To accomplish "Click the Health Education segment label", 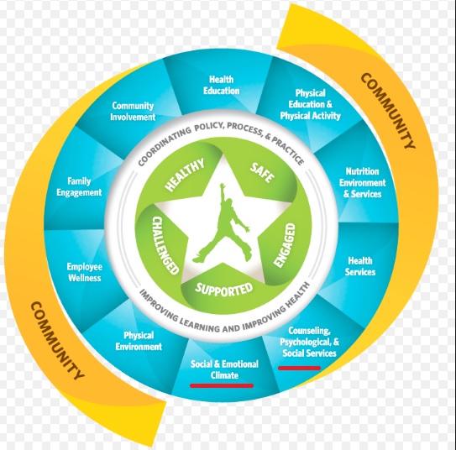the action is pyautogui.click(x=222, y=85).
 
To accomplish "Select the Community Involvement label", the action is pyautogui.click(x=133, y=111).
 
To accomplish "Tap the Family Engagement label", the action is pyautogui.click(x=79, y=186).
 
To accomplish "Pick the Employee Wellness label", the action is pyautogui.click(x=85, y=272).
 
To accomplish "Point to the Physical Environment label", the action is pyautogui.click(x=139, y=341).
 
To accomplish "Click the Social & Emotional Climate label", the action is pyautogui.click(x=224, y=369).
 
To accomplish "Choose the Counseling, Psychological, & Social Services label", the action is pyautogui.click(x=309, y=342).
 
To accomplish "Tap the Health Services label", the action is pyautogui.click(x=360, y=266).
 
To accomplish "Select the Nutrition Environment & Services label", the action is pyautogui.click(x=362, y=182).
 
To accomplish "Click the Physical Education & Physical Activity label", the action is pyautogui.click(x=311, y=104).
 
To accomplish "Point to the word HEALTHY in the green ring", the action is pyautogui.click(x=185, y=175).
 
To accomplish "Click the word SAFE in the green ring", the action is pyautogui.click(x=262, y=173).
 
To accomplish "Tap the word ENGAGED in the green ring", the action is pyautogui.click(x=285, y=245).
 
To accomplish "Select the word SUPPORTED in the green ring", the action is pyautogui.click(x=224, y=290).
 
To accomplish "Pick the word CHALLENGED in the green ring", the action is pyautogui.click(x=165, y=246).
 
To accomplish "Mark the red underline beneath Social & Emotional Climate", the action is pyautogui.click(x=222, y=385).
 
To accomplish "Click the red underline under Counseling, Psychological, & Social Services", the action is pyautogui.click(x=299, y=368).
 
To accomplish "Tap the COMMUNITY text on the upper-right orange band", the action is pyautogui.click(x=388, y=111).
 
